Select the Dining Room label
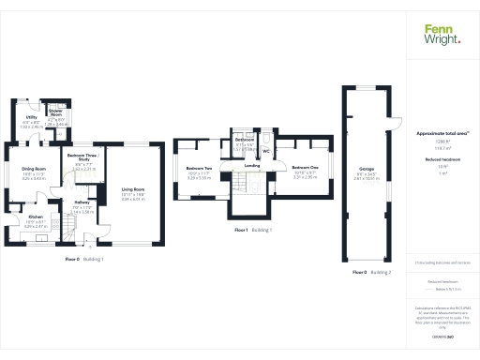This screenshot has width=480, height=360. [x=34, y=170]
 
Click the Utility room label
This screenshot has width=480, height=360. [x=31, y=117]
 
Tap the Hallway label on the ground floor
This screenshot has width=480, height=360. [x=81, y=202]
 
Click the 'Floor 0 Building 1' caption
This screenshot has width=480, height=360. [x=84, y=258]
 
